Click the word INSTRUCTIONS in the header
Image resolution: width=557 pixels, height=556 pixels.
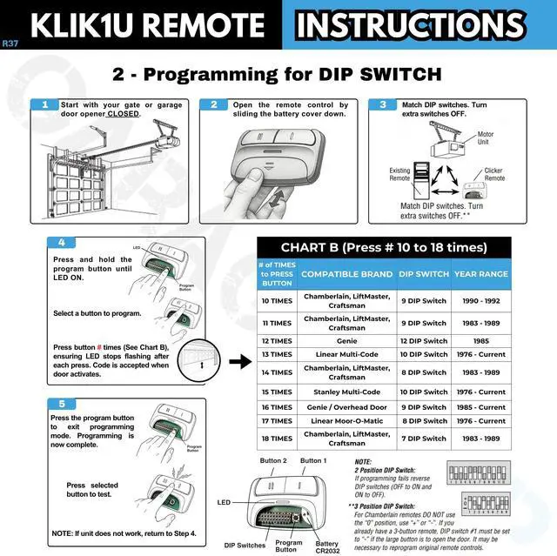(x=410, y=24)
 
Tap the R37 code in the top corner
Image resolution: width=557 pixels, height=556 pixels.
(x=10, y=43)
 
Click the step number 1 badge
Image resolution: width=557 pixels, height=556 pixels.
(x=44, y=105)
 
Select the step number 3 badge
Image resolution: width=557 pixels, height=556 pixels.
(x=383, y=105)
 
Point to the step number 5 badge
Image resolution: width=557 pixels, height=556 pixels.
(x=61, y=404)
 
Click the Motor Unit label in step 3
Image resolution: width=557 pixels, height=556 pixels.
(x=485, y=138)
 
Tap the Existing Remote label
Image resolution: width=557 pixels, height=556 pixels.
(x=399, y=175)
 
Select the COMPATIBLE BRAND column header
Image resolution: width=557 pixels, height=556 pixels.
(x=346, y=273)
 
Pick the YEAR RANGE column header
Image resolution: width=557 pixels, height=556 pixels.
(x=480, y=273)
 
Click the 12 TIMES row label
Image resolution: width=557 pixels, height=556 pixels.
(x=277, y=341)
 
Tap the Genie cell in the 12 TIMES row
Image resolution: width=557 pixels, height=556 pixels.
(x=346, y=341)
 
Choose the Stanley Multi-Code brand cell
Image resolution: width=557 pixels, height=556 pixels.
(x=346, y=392)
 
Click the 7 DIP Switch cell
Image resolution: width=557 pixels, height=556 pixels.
(x=423, y=439)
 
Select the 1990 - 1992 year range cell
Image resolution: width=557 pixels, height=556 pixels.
(x=480, y=301)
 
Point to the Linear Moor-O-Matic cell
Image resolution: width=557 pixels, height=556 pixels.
(x=346, y=421)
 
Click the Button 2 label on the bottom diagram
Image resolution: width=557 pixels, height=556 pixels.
(x=272, y=460)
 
